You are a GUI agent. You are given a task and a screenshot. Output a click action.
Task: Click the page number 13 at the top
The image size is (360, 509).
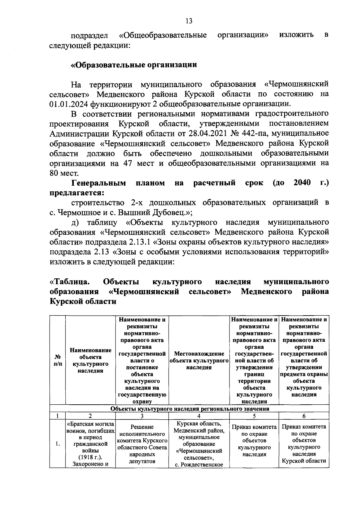[x=189, y=21]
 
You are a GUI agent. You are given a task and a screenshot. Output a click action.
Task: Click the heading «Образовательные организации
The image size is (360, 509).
[x=134, y=65]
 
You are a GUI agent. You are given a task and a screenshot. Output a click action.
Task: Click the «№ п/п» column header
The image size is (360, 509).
[x=58, y=361]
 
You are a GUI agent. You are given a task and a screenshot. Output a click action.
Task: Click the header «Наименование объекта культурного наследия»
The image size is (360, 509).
[x=91, y=361]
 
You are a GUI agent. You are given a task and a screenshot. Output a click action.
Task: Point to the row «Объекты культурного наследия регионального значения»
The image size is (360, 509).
[x=190, y=409]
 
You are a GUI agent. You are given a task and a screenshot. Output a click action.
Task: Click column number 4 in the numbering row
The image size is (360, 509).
[x=199, y=416]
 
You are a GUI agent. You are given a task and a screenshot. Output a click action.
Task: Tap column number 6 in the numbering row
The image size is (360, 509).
[x=304, y=416]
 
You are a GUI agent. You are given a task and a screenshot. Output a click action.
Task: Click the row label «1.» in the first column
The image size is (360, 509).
[x=58, y=444]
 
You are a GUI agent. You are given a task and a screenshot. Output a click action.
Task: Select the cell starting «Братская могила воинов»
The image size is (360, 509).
[x=91, y=444]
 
